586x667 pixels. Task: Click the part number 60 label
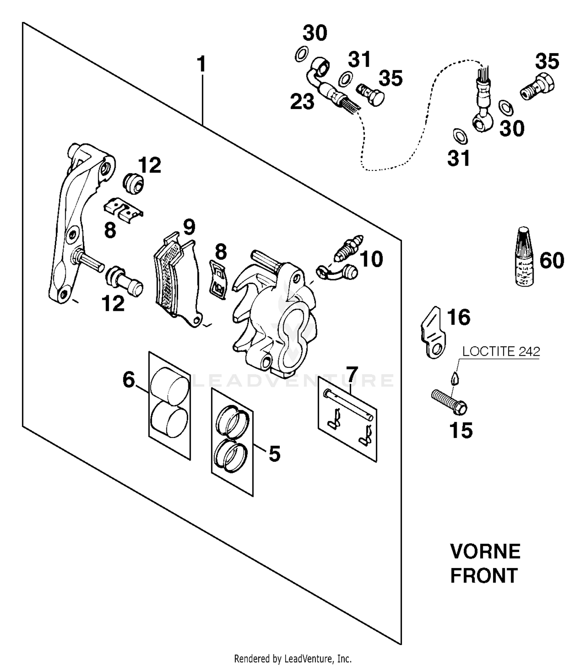(x=552, y=260)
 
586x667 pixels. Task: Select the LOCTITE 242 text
(x=501, y=351)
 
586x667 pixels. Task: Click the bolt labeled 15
(x=449, y=402)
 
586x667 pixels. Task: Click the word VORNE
(x=485, y=552)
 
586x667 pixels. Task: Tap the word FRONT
(x=484, y=576)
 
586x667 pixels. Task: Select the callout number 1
(x=201, y=65)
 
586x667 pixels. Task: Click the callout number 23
(x=302, y=102)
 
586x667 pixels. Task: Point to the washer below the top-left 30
(x=301, y=54)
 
